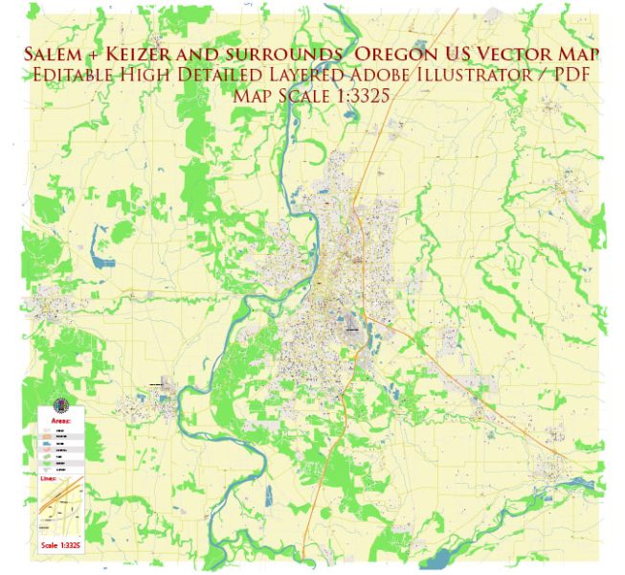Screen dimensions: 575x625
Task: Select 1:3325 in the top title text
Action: click(358, 96)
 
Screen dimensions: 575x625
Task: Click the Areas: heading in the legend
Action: click(62, 420)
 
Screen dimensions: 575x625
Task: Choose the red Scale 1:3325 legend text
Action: click(61, 545)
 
